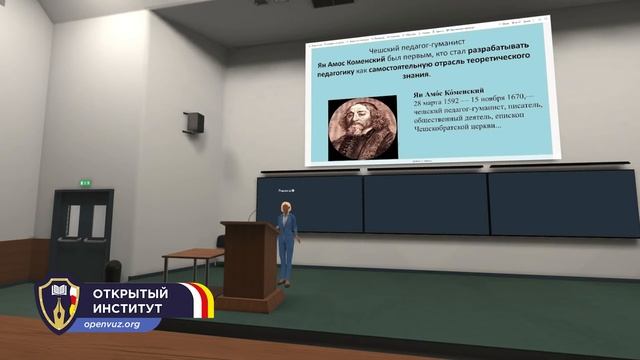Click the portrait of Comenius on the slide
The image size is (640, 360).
point(363,129)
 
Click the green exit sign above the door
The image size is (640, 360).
point(85,182)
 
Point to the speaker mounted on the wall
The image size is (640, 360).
point(194,122)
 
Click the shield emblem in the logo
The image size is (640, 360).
point(58,304)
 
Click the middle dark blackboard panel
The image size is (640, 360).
point(425,204)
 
